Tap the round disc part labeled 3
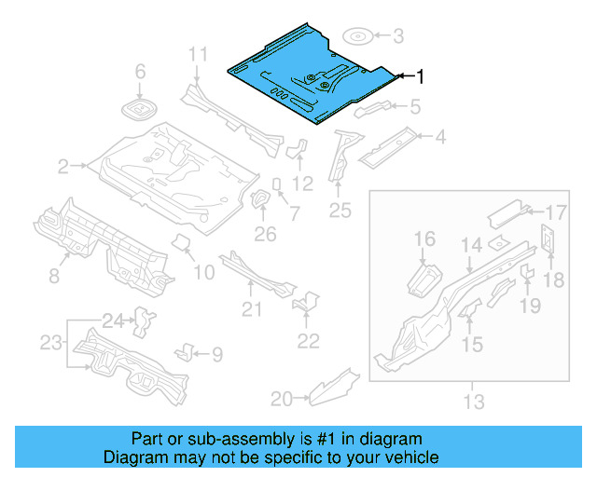359,37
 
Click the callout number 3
398,37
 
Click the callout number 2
63,167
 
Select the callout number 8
53,275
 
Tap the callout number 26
266,233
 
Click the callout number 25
340,211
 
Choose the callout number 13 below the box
474,402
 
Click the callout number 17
556,211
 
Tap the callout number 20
281,399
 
